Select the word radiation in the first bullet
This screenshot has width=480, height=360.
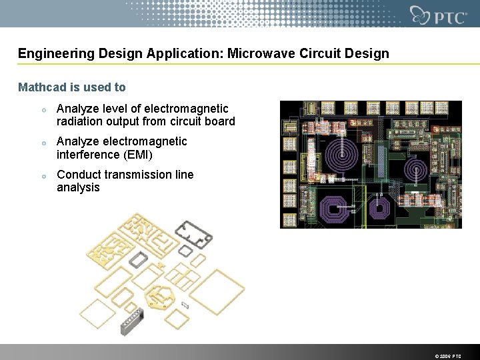[82, 121]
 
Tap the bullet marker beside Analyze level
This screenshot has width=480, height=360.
[42, 109]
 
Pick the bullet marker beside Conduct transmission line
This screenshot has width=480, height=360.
[42, 176]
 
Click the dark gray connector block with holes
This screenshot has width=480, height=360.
[130, 323]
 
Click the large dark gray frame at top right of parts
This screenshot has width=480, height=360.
[194, 233]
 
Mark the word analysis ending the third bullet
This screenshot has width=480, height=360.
[78, 187]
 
